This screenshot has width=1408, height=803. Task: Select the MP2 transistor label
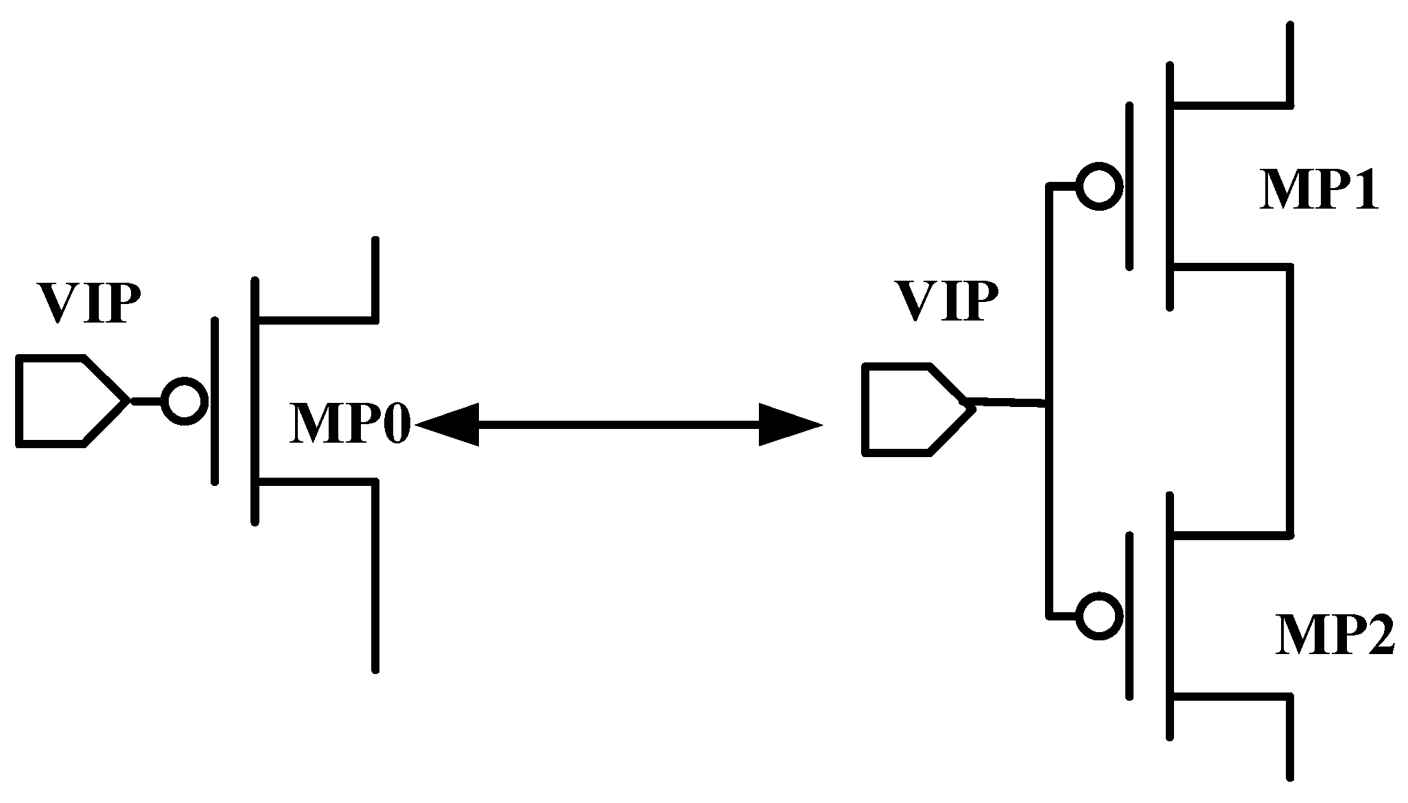pos(1335,636)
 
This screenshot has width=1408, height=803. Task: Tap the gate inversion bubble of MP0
pos(184,401)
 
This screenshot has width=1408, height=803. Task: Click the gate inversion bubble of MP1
pos(1099,186)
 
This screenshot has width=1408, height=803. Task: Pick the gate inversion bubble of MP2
pos(1099,616)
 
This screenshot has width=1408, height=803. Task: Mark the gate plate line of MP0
pos(215,401)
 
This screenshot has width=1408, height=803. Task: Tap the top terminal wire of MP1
pos(1289,72)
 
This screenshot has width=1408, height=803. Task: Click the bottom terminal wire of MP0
pos(375,577)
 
